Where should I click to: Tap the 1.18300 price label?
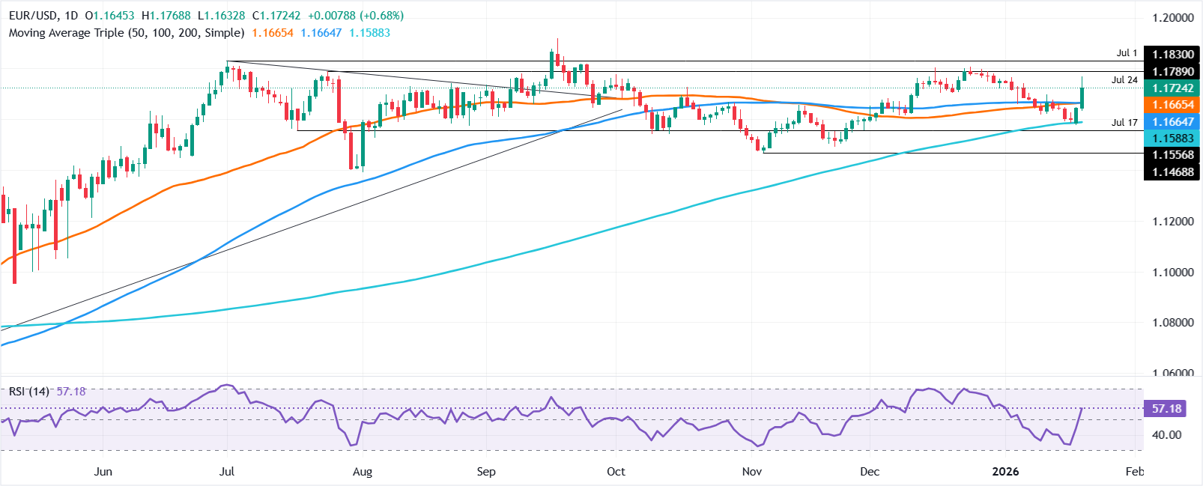(x=1172, y=55)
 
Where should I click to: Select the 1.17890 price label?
(x=1172, y=71)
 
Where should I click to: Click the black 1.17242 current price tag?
(x=1172, y=88)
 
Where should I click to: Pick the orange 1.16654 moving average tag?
(x=1172, y=105)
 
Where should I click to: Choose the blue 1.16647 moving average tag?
(x=1172, y=121)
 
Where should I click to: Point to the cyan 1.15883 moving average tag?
(x=1172, y=139)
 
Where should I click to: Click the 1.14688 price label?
(x=1172, y=172)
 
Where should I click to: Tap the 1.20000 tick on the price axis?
(x=1172, y=18)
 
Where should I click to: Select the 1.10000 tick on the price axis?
(x=1172, y=273)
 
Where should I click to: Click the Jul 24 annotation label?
(x=1124, y=80)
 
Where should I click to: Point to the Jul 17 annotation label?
(x=1124, y=122)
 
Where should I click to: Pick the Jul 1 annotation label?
(x=1127, y=53)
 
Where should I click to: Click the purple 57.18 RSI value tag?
(x=1166, y=409)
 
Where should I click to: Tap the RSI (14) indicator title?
(x=28, y=392)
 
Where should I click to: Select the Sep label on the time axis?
(x=486, y=472)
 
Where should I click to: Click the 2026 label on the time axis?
(x=1005, y=472)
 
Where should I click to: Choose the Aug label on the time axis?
(x=362, y=472)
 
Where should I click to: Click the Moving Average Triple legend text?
(x=126, y=33)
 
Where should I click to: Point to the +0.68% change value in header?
(x=382, y=16)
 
